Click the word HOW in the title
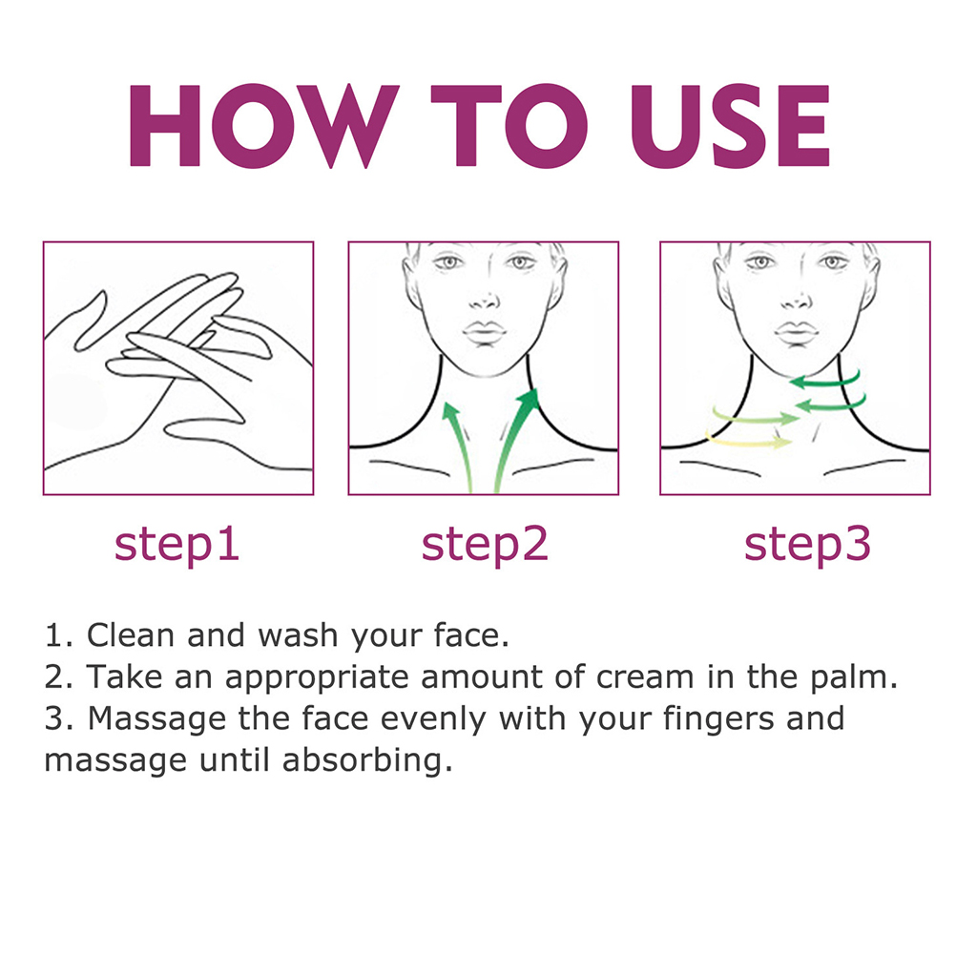pyautogui.click(x=264, y=126)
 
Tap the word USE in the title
pyautogui.click(x=730, y=126)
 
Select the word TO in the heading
pyautogui.click(x=509, y=126)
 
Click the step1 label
pyautogui.click(x=177, y=545)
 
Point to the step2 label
pyautogui.click(x=485, y=545)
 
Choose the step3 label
pyautogui.click(x=807, y=545)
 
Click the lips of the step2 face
pyautogui.click(x=485, y=334)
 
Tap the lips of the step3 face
pyautogui.click(x=796, y=334)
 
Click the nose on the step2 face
pyautogui.click(x=485, y=299)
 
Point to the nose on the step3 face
pyautogui.click(x=797, y=299)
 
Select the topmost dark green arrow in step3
pyautogui.click(x=827, y=381)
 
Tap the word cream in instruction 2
pyautogui.click(x=645, y=677)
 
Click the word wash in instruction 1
pyautogui.click(x=298, y=635)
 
